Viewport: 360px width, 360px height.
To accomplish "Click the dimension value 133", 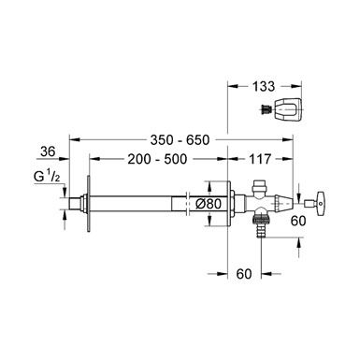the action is coord(264,86).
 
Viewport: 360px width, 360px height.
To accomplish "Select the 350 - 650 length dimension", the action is coord(180,140).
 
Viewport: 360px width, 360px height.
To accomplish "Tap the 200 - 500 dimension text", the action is coord(157,159).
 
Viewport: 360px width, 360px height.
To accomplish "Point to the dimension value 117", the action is coord(260,159).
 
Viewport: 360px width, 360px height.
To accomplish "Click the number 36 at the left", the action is coord(48,151).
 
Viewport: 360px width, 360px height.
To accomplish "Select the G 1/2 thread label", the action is coord(47,177).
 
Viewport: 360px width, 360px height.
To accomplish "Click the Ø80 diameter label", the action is coord(209,204).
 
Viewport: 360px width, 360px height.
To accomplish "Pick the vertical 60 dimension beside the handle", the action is coord(298,221).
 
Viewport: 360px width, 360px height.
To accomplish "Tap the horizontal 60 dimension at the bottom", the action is coord(244,274).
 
